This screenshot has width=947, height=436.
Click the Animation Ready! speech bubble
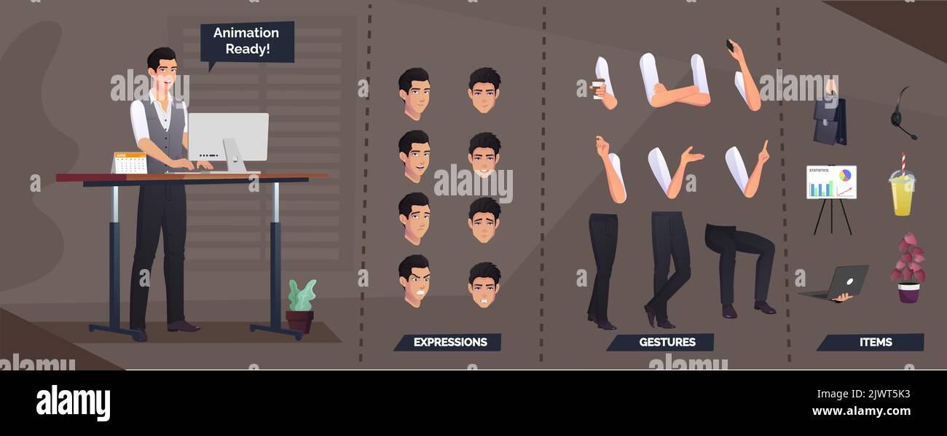247,42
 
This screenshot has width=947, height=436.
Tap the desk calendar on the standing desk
130,163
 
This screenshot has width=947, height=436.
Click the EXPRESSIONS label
449,342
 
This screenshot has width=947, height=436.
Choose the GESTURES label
666,342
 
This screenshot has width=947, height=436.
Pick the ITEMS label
875,342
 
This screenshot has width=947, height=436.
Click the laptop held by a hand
838,284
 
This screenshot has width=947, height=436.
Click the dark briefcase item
830,120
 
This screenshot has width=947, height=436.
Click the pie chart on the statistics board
845,176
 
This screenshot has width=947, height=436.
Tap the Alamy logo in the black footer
73,403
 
